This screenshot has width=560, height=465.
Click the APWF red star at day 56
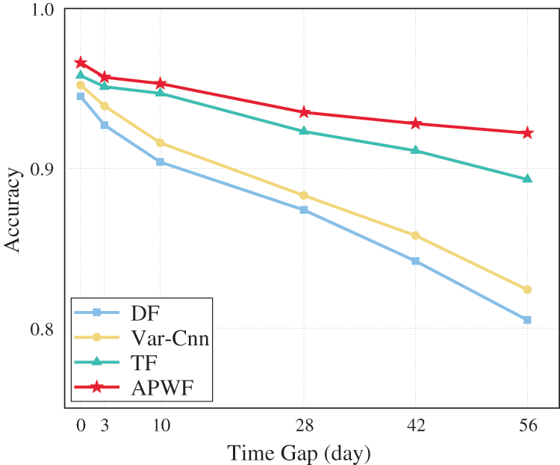527,133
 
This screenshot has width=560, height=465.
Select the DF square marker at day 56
527,320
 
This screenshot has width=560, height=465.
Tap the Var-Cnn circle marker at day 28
304,196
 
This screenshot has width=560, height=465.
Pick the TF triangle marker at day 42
415,150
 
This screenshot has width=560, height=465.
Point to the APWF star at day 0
81,63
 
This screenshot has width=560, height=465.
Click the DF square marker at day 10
161,162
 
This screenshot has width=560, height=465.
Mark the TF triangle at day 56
527,179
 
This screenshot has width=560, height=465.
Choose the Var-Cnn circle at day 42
415,235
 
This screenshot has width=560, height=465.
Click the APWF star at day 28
304,112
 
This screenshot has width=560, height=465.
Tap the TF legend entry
140,363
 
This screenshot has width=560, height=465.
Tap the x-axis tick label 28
304,427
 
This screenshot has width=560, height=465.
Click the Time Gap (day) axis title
299,452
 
